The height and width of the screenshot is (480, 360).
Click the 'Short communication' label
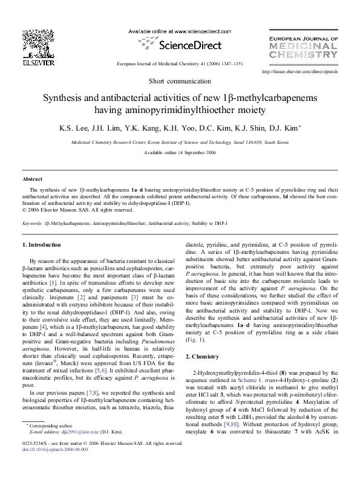coord(180,81)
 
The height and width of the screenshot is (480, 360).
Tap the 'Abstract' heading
coord(32,180)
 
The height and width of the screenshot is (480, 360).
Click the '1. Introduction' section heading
coord(41,244)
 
